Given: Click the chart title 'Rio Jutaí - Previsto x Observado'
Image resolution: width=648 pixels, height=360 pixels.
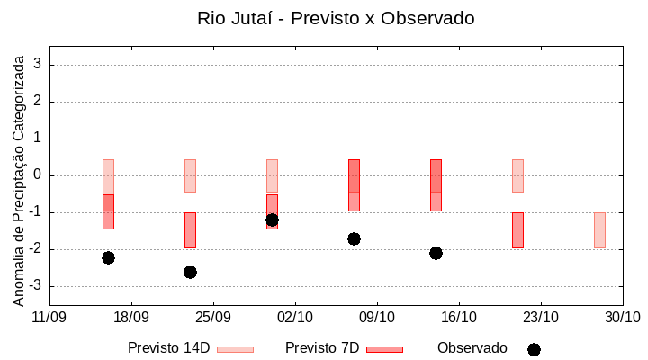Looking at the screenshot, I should tap(336, 18).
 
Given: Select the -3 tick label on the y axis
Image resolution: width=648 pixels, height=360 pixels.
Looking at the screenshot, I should tap(36, 286).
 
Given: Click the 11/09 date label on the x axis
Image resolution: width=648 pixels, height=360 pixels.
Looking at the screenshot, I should tap(49, 317).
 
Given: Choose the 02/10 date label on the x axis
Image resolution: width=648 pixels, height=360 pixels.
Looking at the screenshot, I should tap(295, 317).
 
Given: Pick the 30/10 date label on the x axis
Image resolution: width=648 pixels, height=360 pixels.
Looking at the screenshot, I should tap(622, 317).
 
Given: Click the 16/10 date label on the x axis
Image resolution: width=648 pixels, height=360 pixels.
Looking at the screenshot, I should tap(459, 317).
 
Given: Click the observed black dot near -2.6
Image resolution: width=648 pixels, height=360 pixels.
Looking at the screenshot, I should tap(190, 272).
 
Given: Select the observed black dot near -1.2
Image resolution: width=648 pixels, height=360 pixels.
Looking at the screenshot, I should tap(272, 220).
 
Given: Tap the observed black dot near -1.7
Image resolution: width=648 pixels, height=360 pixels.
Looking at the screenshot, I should tap(354, 238).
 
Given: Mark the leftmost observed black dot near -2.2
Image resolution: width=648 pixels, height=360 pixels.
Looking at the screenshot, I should tap(108, 257).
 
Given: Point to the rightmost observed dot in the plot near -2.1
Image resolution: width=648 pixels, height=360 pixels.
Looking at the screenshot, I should tap(436, 253).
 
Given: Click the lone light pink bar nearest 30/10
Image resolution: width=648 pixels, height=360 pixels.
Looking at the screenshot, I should tap(599, 229).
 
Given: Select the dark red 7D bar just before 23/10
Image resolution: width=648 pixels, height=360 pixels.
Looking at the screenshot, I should tap(517, 229).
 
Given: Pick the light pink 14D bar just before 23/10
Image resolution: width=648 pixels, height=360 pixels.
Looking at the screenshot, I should tap(517, 175).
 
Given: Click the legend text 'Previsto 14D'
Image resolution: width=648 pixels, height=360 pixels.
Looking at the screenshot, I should tap(168, 348).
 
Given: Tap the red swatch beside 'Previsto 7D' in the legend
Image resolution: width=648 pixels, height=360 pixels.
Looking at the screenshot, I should tap(384, 349).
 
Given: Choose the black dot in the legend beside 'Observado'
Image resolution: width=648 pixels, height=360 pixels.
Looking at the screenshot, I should tap(534, 349).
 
